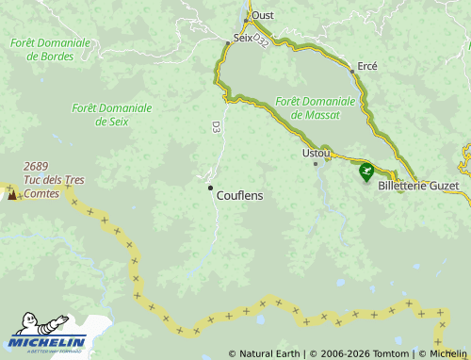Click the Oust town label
[263, 15]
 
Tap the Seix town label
[243, 39]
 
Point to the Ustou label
[317, 152]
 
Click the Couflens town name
[239, 195]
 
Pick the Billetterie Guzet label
[418, 186]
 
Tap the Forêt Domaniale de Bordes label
[51, 49]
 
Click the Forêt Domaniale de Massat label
[316, 107]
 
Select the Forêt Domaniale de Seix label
[112, 114]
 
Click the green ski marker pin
[365, 172]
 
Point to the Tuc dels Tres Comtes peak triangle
[12, 194]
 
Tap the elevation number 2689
[37, 166]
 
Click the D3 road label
[216, 126]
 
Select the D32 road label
[262, 41]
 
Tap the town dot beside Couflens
[210, 188]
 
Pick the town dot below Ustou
[316, 163]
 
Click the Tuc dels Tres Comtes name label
[54, 187]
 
